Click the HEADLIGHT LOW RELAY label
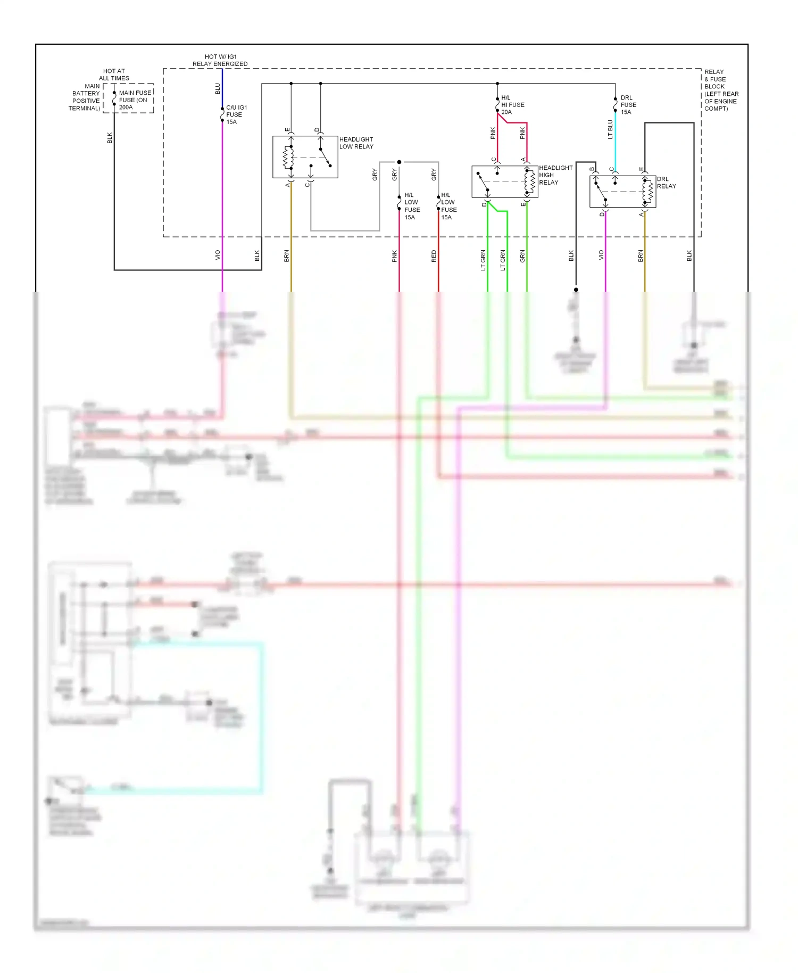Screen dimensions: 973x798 (x=356, y=143)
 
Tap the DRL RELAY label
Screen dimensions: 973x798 (x=666, y=183)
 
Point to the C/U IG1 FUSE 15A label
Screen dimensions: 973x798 (x=236, y=114)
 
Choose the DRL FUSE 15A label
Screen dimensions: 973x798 (x=628, y=105)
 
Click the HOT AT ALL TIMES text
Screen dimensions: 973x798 (x=114, y=75)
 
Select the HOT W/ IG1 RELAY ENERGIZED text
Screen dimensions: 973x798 (x=220, y=60)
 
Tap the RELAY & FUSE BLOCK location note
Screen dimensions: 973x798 (x=720, y=90)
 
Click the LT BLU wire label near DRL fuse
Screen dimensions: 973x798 (x=610, y=129)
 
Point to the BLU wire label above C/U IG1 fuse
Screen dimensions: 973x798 (x=218, y=89)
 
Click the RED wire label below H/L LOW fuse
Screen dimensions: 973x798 (x=434, y=256)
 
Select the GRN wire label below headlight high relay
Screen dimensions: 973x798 (x=522, y=256)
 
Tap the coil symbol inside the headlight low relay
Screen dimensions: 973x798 (x=288, y=157)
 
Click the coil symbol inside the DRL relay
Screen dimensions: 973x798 (x=647, y=192)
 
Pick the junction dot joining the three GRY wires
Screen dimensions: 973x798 (x=399, y=162)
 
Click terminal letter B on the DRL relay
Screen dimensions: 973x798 (x=592, y=169)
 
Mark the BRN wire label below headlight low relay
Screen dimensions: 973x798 (x=286, y=256)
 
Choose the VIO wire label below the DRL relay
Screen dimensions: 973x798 (x=601, y=255)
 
